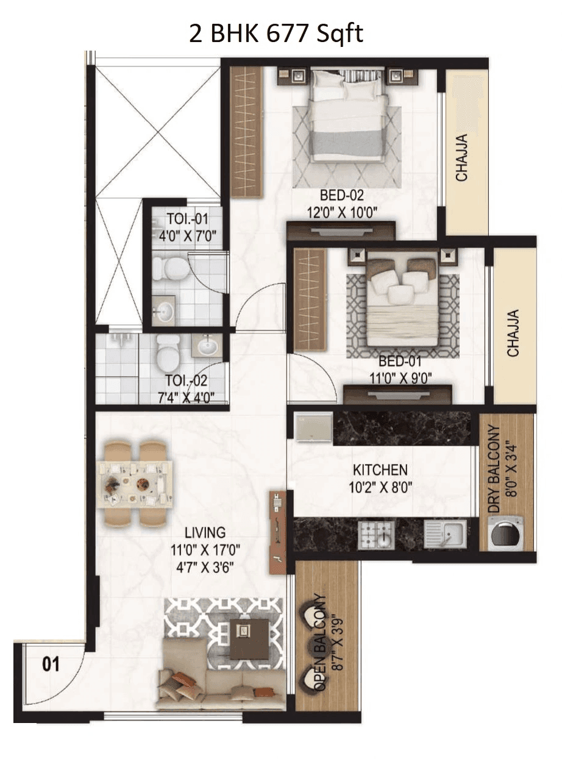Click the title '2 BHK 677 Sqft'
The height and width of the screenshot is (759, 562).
point(276,34)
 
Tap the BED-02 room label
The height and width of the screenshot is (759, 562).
point(341,196)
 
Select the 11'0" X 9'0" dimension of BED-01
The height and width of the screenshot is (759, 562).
point(400,377)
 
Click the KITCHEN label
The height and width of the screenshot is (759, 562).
point(380,470)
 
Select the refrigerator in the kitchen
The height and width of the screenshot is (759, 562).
point(313,427)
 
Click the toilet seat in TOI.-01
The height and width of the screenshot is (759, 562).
point(171,266)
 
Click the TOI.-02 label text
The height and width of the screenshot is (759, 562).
point(187,382)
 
